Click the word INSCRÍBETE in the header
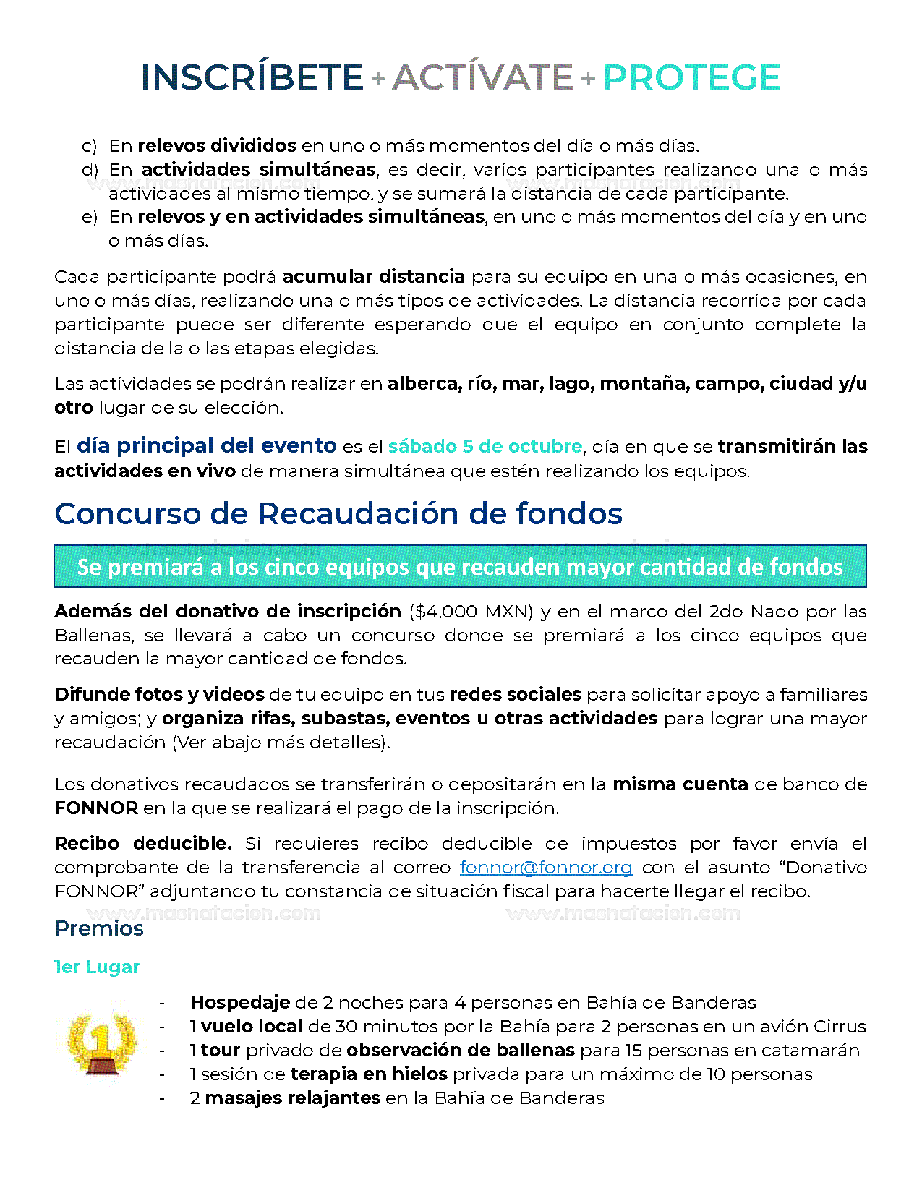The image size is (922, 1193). tap(252, 77)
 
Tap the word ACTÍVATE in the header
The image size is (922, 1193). tap(482, 77)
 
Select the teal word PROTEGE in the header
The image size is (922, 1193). tap(691, 77)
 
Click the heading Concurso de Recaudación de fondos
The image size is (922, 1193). tap(338, 513)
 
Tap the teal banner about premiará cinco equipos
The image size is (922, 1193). tap(460, 566)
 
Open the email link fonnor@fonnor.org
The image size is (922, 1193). tap(546, 867)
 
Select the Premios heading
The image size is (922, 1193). tap(99, 928)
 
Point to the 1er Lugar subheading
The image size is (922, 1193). tap(98, 967)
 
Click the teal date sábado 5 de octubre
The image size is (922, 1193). tap(485, 446)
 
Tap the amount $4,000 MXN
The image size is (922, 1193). tap(471, 611)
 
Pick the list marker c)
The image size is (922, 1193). tap(89, 146)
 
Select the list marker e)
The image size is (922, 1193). tap(89, 217)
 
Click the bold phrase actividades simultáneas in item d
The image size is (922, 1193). tap(258, 170)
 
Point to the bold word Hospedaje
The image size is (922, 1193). tap(239, 1002)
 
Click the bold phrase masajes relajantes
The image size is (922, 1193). tap(292, 1098)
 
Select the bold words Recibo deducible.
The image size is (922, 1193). tap(142, 843)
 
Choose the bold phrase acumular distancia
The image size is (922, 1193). tap(373, 276)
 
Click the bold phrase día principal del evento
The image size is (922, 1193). tap(206, 445)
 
